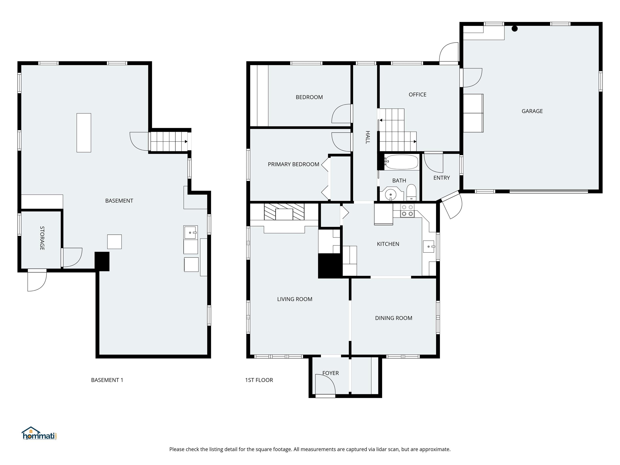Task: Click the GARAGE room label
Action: tap(532, 111)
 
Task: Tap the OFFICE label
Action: tap(417, 95)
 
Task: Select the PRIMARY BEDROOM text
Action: tap(293, 164)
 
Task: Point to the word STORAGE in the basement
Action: tap(42, 238)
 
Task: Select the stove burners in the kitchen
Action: tap(407, 211)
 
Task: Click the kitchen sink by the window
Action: tap(428, 247)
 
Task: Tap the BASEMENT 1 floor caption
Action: tap(107, 380)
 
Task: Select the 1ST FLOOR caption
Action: tap(259, 380)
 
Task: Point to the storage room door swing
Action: tap(72, 257)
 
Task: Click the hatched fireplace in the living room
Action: tap(284, 212)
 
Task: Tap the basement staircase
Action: tap(169, 141)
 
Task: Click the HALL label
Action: tap(368, 137)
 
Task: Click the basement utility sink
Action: tap(190, 232)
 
